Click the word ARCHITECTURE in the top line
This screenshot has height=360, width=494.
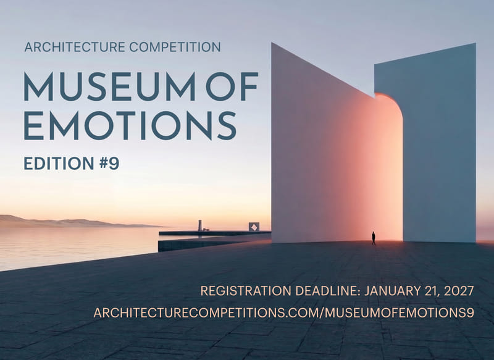75,48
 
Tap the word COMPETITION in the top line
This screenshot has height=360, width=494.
175,48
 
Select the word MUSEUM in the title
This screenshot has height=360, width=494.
109,86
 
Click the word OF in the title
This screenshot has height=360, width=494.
232,86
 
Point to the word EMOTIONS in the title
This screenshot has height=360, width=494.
130,126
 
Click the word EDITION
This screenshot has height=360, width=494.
59,164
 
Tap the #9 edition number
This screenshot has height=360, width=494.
109,164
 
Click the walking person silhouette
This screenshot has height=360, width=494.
374,238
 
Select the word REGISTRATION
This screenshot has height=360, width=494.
246,291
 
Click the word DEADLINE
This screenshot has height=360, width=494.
327,291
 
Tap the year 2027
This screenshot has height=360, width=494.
459,291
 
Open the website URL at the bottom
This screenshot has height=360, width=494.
284,312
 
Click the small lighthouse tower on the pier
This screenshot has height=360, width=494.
199,225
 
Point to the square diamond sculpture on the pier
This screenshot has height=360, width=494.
254,227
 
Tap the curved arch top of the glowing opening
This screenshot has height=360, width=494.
391,100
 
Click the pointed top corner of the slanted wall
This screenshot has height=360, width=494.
272,43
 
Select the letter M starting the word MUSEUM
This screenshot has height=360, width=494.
38,86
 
